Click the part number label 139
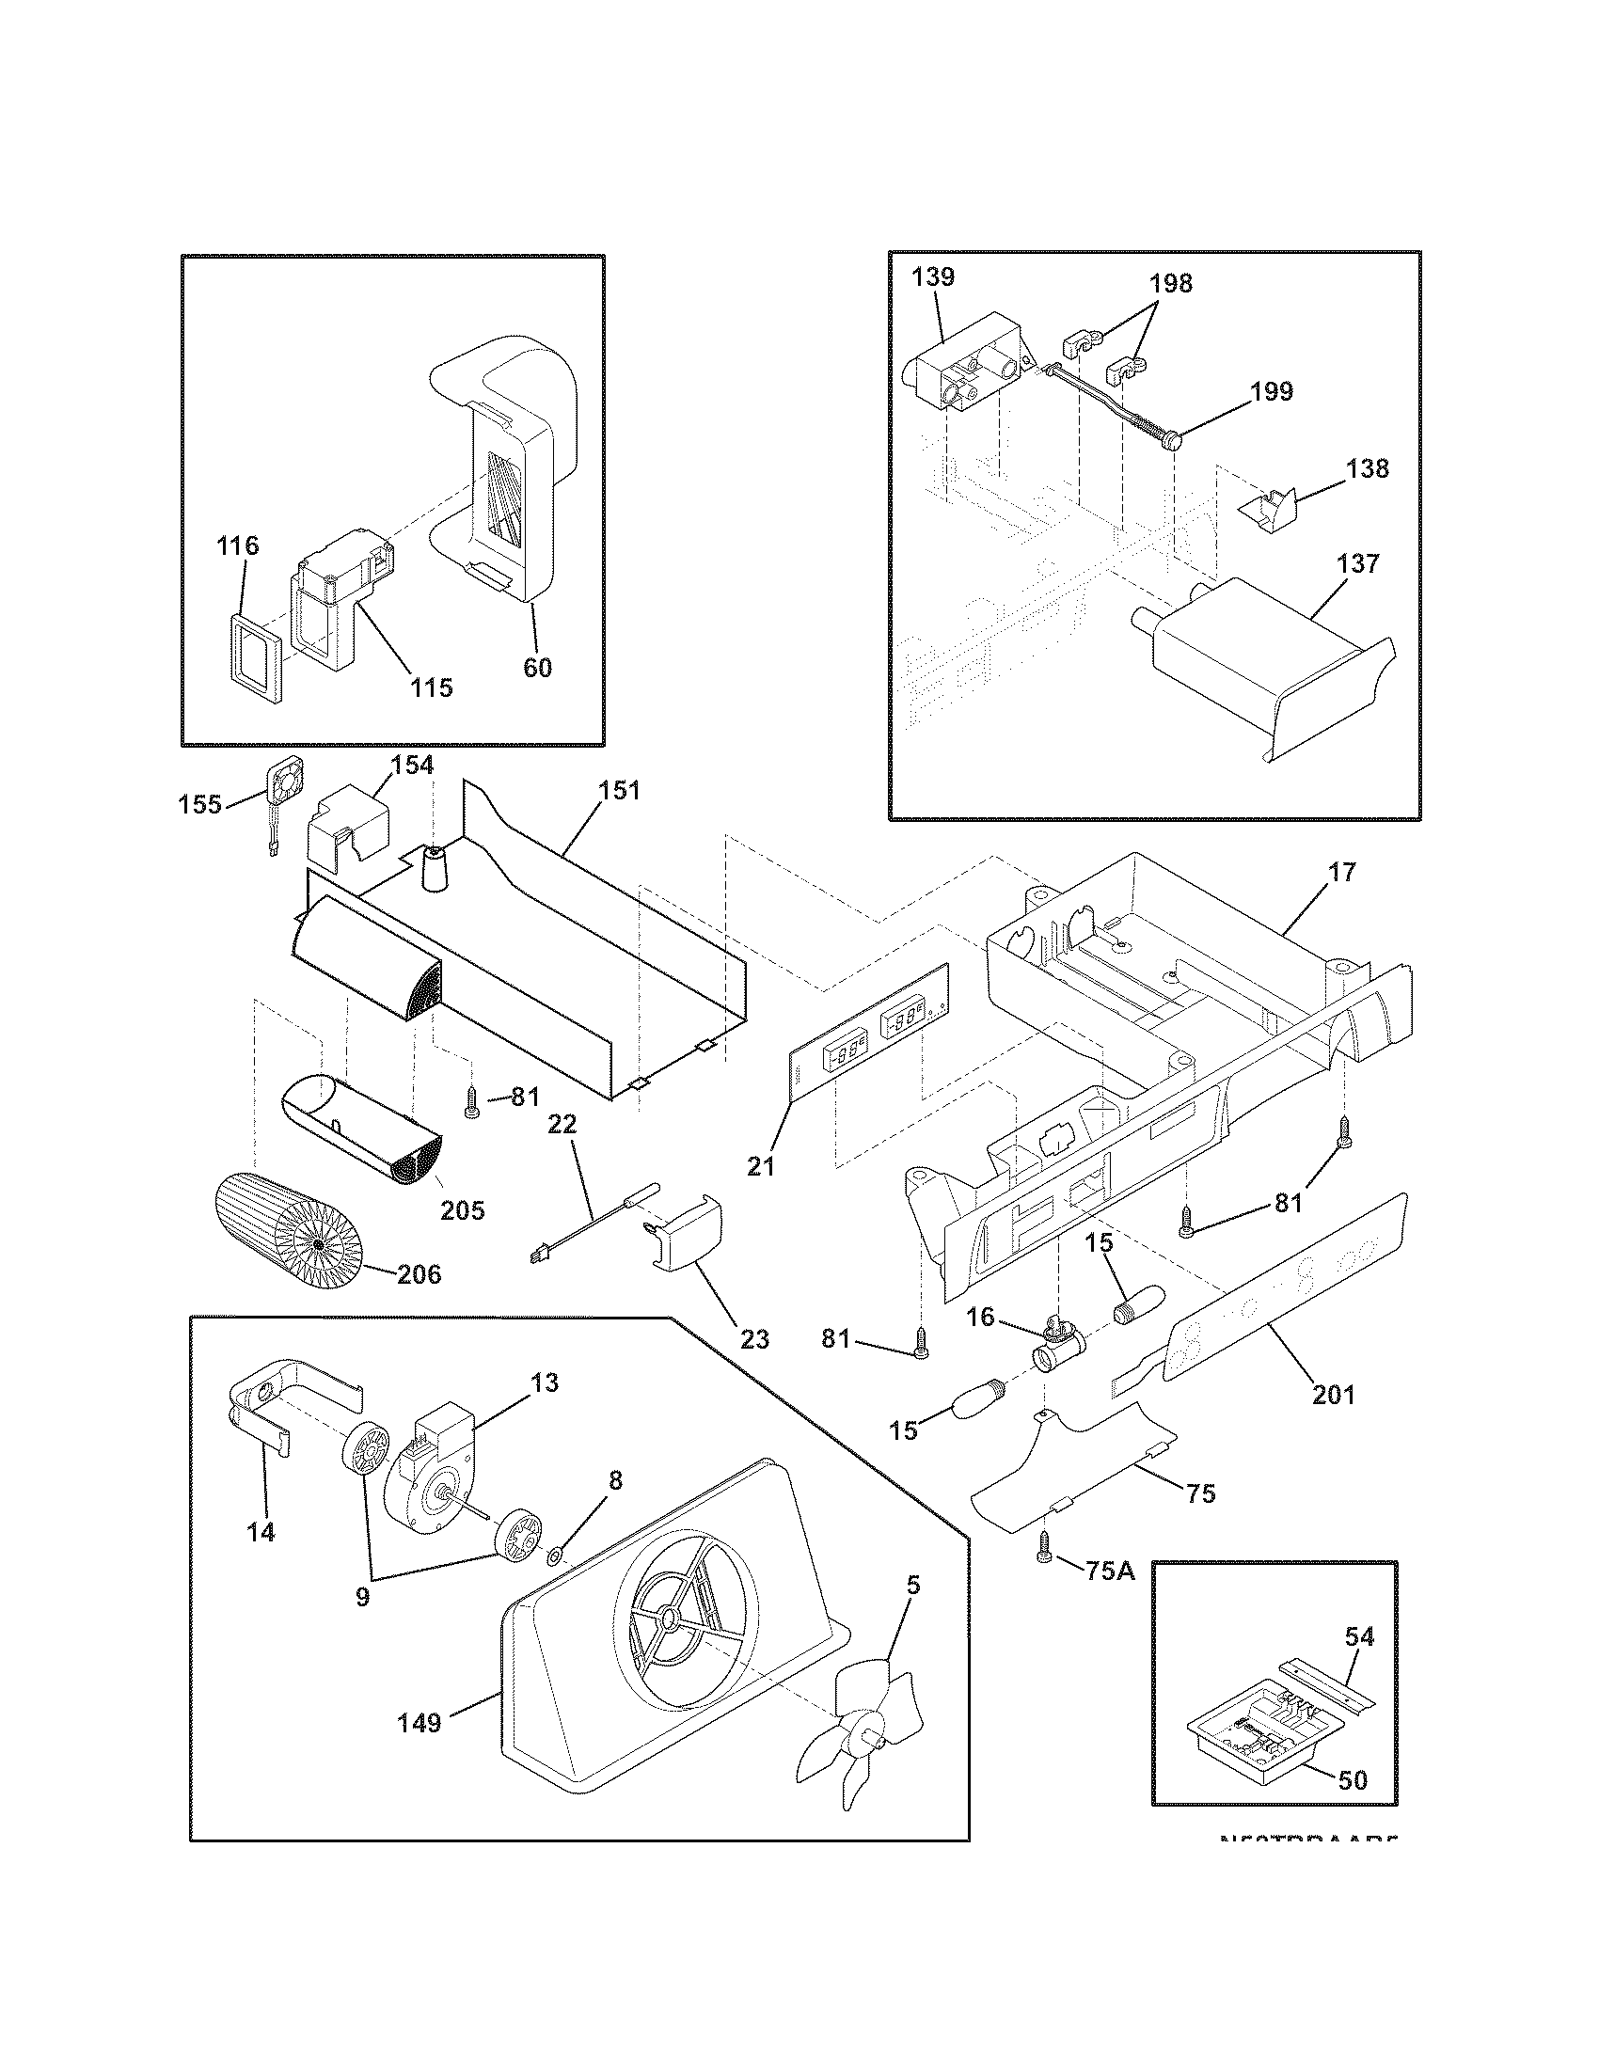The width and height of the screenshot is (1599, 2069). (x=933, y=277)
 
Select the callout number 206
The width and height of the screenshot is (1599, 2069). (x=419, y=1274)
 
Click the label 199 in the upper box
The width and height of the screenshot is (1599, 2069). (x=1272, y=391)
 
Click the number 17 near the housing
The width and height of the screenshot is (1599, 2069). (x=1342, y=872)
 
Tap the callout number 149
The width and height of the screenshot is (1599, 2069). (x=419, y=1722)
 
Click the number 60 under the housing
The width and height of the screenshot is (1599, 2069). (x=537, y=667)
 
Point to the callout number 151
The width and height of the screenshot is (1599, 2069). (x=620, y=790)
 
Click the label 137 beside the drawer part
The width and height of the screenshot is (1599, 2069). (x=1358, y=562)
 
